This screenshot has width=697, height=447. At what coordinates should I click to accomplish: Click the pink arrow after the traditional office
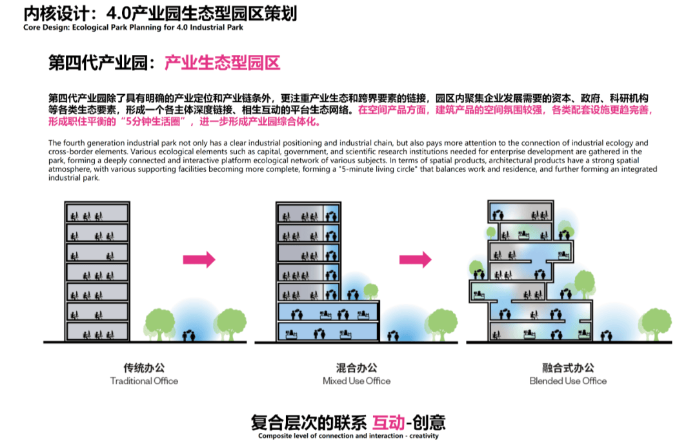point(199,259)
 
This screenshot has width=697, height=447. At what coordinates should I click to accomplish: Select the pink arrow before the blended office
point(415,259)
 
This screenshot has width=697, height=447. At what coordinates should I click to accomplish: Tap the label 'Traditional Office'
point(144,381)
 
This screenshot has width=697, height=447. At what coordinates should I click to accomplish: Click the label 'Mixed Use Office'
point(356,381)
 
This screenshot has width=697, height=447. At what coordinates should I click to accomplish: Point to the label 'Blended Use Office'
point(568,381)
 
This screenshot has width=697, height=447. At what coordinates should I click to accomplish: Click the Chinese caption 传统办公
point(144,368)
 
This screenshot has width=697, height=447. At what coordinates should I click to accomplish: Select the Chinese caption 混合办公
point(356,368)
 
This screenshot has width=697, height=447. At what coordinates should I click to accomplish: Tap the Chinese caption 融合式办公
point(568,368)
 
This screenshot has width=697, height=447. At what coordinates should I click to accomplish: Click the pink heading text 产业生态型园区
point(222,63)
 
